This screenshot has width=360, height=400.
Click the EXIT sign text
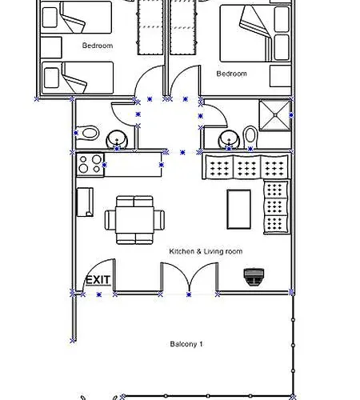(x=98, y=280)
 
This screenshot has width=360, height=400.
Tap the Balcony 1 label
(x=186, y=344)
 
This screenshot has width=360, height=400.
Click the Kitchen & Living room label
(x=206, y=251)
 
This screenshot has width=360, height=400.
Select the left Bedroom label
(x=98, y=46)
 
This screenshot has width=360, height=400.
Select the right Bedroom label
(x=232, y=73)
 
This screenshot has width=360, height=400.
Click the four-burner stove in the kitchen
(x=90, y=164)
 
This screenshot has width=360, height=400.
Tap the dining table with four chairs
(x=135, y=218)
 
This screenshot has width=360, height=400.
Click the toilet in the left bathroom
(x=88, y=132)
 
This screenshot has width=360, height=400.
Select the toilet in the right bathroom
(x=250, y=134)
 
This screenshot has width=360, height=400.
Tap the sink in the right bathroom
(x=230, y=138)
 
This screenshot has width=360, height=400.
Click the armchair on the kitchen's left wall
(x=85, y=201)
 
